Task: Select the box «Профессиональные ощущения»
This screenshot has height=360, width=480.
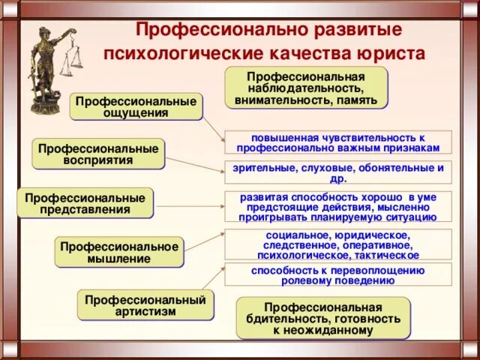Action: (136, 106)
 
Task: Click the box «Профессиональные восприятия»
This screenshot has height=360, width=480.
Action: (99, 153)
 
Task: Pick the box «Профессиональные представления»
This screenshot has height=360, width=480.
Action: (85, 202)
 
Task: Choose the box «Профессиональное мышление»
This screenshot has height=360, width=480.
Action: (120, 252)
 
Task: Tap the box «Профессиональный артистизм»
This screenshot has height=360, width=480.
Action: (145, 305)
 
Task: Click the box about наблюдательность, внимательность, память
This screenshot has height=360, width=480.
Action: (307, 87)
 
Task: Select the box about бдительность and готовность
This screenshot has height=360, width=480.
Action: (323, 318)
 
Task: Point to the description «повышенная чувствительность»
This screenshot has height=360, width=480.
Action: (338, 142)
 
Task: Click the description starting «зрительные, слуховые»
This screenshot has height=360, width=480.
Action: (338, 173)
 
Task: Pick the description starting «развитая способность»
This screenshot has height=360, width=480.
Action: (338, 206)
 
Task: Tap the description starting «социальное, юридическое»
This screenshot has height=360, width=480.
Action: (338, 244)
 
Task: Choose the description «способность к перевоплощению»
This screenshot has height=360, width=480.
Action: (338, 274)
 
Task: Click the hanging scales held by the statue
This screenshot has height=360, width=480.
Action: (73, 60)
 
